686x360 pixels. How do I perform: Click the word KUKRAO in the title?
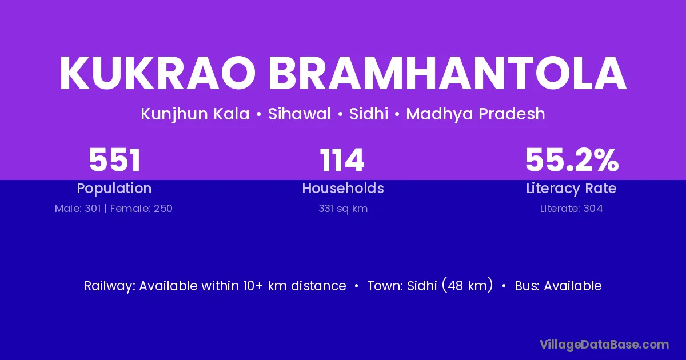(157, 73)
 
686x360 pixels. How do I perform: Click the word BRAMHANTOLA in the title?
(448, 73)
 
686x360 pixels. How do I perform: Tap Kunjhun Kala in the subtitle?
(195, 114)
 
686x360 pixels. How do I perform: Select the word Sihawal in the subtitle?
(299, 114)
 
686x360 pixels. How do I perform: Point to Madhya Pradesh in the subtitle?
(476, 114)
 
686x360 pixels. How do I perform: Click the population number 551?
(115, 160)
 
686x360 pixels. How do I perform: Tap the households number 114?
(342, 160)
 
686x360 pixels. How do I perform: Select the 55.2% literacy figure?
(572, 160)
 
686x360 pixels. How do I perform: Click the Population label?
(114, 189)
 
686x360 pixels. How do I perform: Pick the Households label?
(343, 188)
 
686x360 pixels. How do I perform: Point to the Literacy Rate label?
(571, 189)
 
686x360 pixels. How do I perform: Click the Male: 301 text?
(78, 209)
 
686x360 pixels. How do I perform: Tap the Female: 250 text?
(141, 209)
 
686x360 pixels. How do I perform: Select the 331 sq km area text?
(343, 209)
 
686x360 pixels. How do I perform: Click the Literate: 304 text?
(572, 209)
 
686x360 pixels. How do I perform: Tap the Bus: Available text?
(558, 286)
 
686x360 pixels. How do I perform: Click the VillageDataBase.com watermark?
(604, 345)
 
